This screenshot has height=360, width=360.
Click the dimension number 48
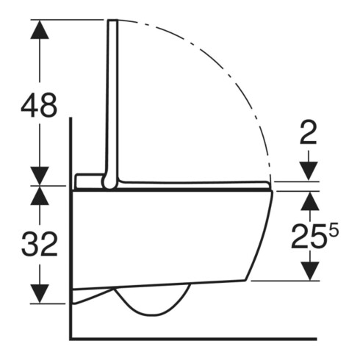[39, 105]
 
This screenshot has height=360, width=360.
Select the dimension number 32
[40, 244]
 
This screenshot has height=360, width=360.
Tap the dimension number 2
[309, 132]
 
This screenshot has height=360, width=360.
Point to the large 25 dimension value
[310, 237]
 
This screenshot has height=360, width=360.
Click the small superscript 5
[334, 231]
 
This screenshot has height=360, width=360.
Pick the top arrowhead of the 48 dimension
[40, 29]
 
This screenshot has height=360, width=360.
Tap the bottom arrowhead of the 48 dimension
[40, 176]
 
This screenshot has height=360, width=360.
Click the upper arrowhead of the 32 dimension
[40, 195]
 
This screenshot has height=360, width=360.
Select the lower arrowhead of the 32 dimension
[40, 294]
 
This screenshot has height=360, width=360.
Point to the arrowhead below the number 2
[309, 171]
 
